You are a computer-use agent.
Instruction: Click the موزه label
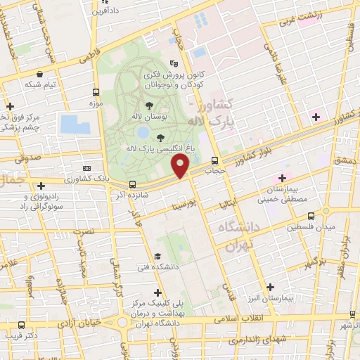[96, 103]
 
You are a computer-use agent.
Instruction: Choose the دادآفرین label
[112, 12]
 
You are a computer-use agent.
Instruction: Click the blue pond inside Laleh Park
[143, 131]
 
